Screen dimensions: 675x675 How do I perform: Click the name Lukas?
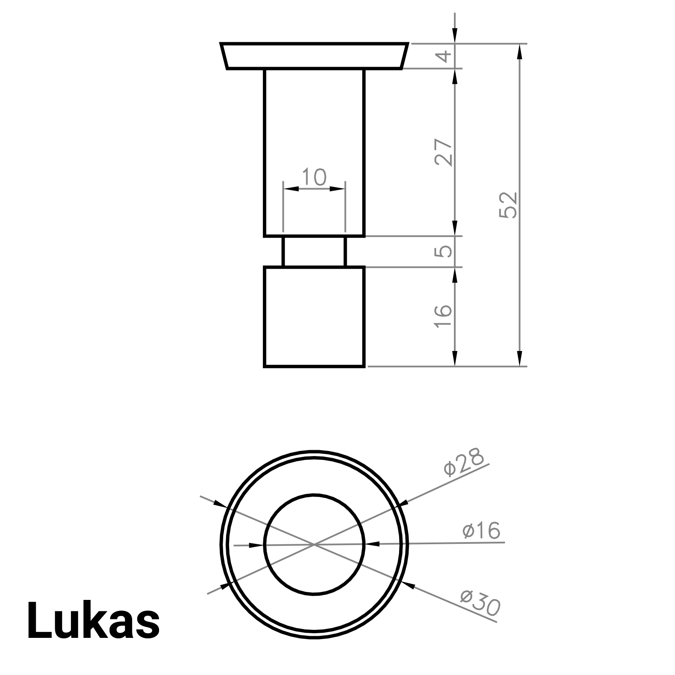pyautogui.click(x=93, y=620)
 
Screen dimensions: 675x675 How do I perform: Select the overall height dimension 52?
pyautogui.click(x=508, y=205)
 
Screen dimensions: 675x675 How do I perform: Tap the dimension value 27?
pyautogui.click(x=444, y=152)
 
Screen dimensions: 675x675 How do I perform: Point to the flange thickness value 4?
pyautogui.click(x=444, y=56)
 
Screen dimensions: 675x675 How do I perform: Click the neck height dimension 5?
pyautogui.click(x=444, y=251)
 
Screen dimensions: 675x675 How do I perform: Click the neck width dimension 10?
pyautogui.click(x=314, y=177)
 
